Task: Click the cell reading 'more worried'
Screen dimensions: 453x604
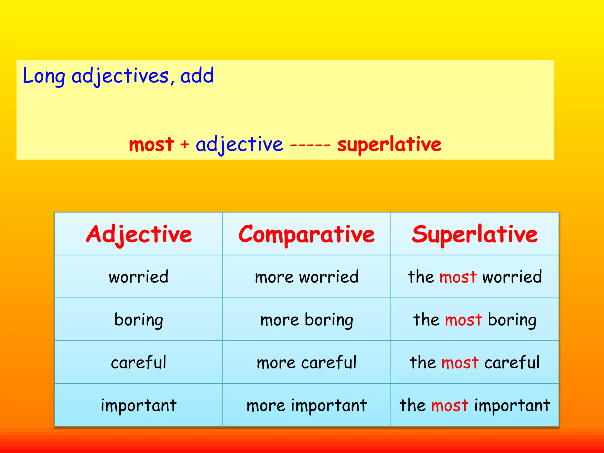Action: click(306, 277)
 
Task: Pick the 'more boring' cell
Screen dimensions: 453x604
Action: click(306, 320)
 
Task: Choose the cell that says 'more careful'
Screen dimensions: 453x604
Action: click(306, 362)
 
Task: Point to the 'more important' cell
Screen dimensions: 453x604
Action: click(306, 405)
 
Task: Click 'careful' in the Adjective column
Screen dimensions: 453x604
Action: click(139, 362)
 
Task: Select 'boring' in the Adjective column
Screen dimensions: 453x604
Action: click(139, 320)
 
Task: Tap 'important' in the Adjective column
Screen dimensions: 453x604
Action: click(139, 405)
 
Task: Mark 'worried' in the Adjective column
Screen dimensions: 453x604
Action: click(139, 277)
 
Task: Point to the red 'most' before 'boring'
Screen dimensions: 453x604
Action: click(463, 320)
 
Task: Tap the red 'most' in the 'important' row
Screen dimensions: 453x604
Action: click(449, 406)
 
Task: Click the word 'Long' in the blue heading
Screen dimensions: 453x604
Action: click(44, 76)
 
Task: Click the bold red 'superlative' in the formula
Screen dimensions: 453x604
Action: click(389, 145)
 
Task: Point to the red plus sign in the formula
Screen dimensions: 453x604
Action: click(185, 145)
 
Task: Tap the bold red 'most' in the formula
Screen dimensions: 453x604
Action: click(151, 145)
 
